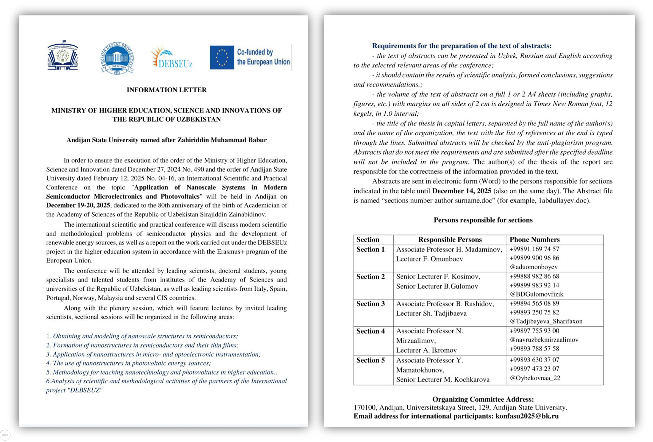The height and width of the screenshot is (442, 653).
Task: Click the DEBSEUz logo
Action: (x=172, y=57)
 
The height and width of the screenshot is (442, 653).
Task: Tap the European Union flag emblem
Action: (x=222, y=57)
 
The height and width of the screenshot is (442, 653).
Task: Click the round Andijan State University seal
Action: (x=117, y=58)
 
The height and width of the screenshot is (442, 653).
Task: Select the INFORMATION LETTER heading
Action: (x=166, y=90)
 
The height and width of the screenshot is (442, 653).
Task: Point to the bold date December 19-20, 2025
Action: (x=78, y=205)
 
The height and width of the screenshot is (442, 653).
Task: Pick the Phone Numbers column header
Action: (x=534, y=240)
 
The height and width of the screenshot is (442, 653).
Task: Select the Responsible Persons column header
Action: (x=450, y=240)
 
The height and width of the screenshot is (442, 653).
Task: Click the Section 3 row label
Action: (x=370, y=304)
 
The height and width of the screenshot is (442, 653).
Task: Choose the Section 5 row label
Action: (x=370, y=360)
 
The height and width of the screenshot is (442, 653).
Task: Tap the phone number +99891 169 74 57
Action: (x=534, y=249)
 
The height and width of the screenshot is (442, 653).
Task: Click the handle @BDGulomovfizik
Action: (x=536, y=294)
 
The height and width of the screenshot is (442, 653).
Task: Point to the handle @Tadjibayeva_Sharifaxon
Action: (x=546, y=321)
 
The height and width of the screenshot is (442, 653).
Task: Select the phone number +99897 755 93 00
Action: (x=534, y=331)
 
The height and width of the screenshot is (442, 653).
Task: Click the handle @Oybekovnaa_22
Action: (x=535, y=378)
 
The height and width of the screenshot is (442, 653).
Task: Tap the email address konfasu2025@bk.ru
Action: (x=527, y=416)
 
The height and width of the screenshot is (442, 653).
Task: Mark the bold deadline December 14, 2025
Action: (x=461, y=191)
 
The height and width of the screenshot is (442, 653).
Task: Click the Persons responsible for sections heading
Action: (x=483, y=220)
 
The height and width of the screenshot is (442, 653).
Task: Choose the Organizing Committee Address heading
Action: (x=483, y=399)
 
